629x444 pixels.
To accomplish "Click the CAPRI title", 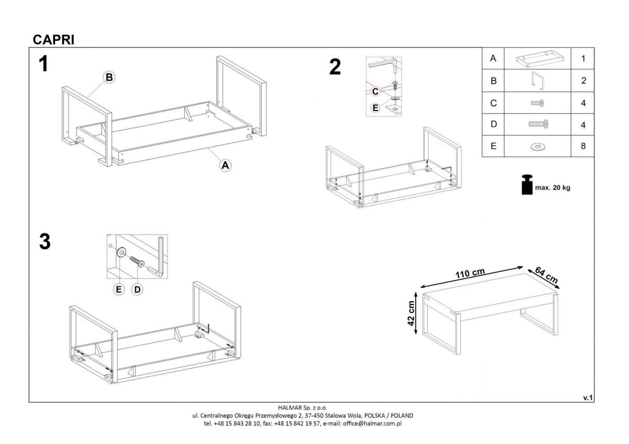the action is tap(53, 40).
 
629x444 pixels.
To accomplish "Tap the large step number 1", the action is tap(44, 64).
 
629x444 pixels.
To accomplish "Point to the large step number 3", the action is tap(45, 241).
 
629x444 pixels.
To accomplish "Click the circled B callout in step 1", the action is tap(109, 77).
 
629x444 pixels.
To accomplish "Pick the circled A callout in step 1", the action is tap(225, 165).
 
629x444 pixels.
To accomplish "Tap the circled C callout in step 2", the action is tap(375, 92).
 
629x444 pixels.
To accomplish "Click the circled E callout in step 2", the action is tap(375, 108).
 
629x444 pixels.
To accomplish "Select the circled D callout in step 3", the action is tap(137, 290).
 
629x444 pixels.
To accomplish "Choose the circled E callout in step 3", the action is tap(118, 290).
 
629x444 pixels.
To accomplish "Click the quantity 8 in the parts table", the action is tap(583, 146).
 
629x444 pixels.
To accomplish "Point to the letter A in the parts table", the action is tap(493, 58).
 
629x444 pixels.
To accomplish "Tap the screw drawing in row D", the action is tap(538, 124).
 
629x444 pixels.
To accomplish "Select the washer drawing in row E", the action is tap(538, 147).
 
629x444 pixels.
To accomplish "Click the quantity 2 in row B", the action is tap(583, 81).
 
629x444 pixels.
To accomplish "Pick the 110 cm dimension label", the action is tap(470, 273).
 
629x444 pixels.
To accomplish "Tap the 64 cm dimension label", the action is tap(546, 275).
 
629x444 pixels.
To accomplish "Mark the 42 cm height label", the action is tap(411, 313).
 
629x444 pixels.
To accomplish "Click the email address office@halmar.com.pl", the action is tap(372, 424).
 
